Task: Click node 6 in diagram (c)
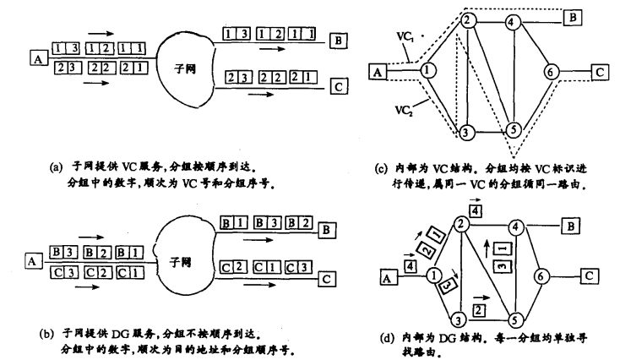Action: point(551,72)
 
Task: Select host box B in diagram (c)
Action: point(572,18)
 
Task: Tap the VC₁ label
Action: point(405,37)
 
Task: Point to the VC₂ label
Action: point(404,110)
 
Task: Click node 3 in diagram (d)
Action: point(459,319)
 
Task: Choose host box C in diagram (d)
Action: point(590,275)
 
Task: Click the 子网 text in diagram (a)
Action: point(185,69)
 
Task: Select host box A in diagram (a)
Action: point(38,59)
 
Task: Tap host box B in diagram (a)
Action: point(339,41)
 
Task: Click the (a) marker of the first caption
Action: point(56,167)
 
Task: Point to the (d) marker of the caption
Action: point(386,338)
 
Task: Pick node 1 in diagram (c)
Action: point(427,70)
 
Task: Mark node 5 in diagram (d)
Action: point(514,319)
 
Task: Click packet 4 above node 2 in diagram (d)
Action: point(476,211)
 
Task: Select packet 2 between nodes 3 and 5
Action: point(479,310)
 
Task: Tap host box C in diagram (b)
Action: point(327,279)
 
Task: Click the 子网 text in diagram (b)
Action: point(180,262)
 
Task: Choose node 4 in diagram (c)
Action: point(512,23)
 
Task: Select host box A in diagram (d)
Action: point(387,278)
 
